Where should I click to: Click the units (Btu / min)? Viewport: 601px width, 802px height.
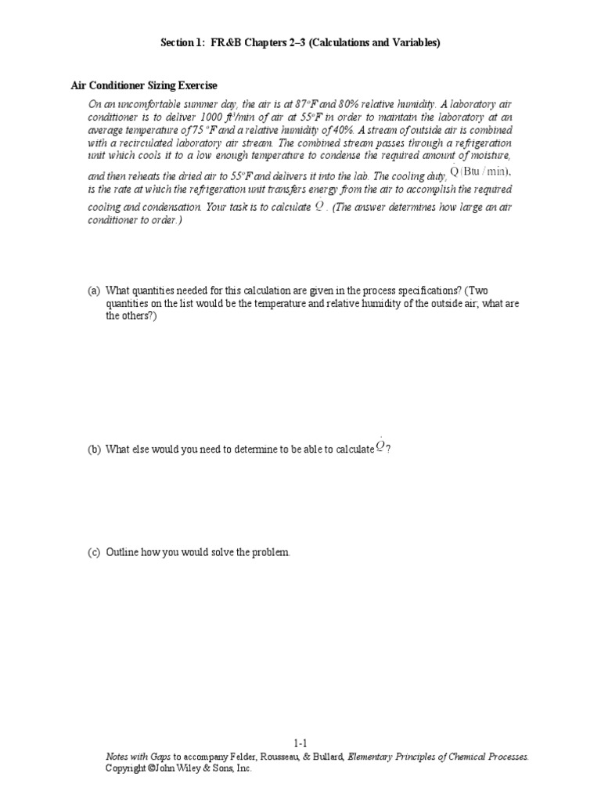coord(485,172)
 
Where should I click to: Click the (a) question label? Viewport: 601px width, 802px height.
coord(94,291)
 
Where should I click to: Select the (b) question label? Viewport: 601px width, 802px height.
coord(94,449)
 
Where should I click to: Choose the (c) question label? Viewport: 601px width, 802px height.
coord(94,552)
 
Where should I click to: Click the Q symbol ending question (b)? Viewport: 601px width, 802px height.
coord(381,447)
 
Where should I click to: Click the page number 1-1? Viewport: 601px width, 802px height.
coord(301,743)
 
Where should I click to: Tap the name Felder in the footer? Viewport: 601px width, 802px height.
coord(245,757)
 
